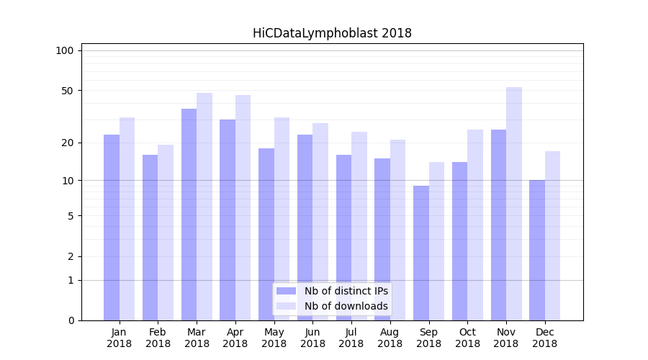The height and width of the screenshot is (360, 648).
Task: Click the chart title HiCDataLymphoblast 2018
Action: click(332, 33)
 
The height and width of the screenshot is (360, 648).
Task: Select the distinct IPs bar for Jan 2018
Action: click(112, 228)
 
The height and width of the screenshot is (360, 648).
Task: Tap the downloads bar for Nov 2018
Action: click(514, 204)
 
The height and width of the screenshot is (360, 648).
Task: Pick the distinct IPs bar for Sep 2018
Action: click(421, 253)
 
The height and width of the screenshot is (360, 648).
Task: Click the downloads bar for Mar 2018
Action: click(204, 207)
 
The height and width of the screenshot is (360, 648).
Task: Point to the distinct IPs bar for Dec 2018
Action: click(537, 250)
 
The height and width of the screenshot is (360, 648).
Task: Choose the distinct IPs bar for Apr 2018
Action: click(228, 220)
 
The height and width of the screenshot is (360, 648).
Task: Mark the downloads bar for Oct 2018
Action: click(475, 225)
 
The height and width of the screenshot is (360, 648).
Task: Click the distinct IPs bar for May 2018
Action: click(266, 234)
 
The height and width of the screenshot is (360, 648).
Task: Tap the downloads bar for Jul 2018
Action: click(359, 226)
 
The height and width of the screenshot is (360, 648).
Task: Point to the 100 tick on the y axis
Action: click(65, 50)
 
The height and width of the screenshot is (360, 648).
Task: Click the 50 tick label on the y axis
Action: click(67, 91)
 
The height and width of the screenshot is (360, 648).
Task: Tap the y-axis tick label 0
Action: click(71, 320)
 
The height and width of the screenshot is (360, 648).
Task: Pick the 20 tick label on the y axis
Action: click(67, 143)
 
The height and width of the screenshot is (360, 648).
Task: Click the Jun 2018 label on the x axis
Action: click(312, 338)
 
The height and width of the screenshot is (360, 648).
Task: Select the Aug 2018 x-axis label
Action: click(390, 338)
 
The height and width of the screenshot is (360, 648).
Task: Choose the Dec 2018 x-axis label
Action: click(544, 338)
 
